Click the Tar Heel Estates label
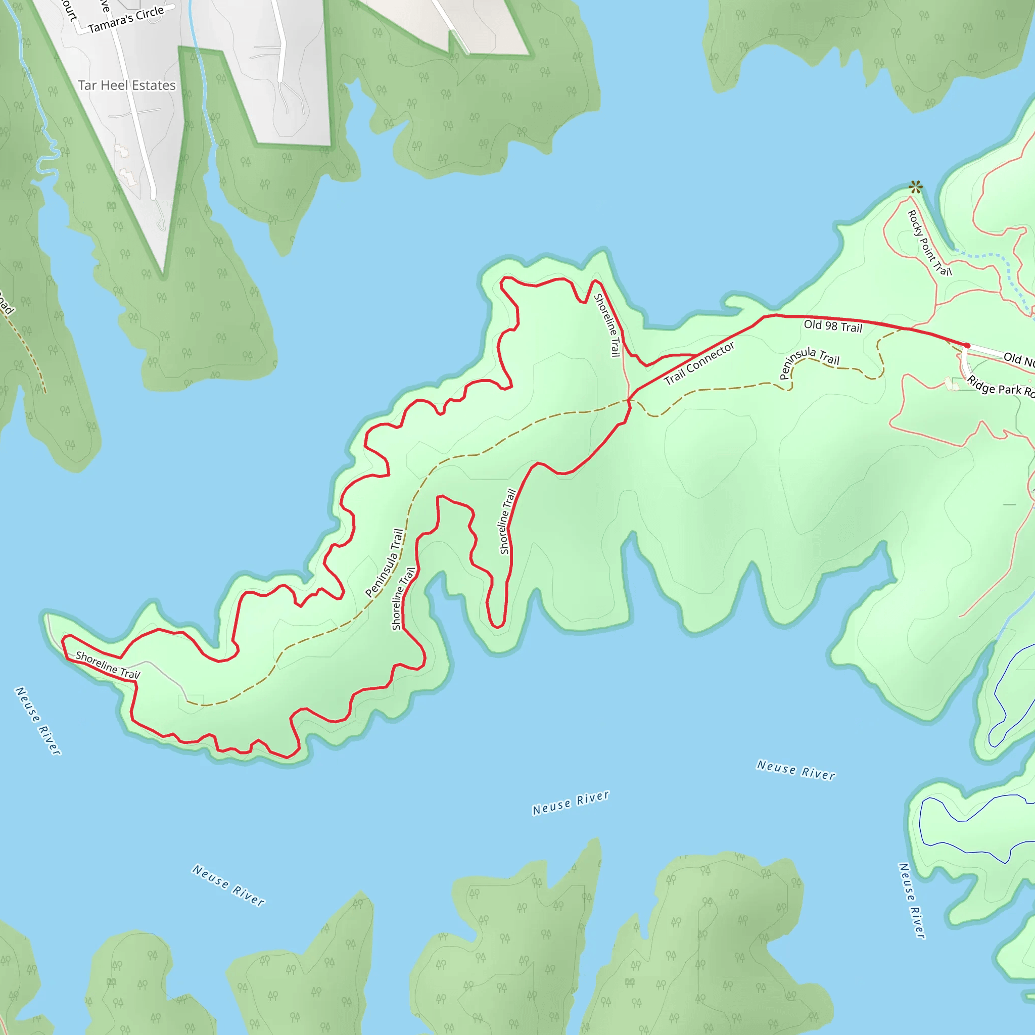coord(127,85)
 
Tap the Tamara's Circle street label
coord(126,20)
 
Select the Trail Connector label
coord(699,364)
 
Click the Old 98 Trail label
coord(832,326)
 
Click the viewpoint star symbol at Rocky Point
coord(916,187)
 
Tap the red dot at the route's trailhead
coord(967,346)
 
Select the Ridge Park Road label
coord(1000,386)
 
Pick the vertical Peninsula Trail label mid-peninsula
coord(384,563)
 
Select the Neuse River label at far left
coord(37,721)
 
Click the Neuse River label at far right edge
coord(911,901)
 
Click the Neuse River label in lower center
coord(571,803)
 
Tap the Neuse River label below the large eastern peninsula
coord(795,770)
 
